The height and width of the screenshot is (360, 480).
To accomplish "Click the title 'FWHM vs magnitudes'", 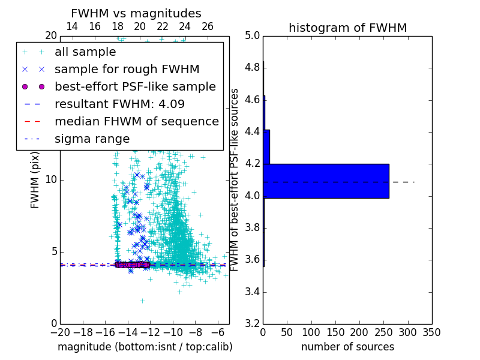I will [x=136, y=13].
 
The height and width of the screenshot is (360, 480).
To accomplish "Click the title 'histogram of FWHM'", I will [x=347, y=28].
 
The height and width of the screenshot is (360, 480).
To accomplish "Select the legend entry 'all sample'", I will [x=85, y=52].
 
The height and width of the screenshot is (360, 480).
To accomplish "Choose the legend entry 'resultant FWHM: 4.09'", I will [x=119, y=104].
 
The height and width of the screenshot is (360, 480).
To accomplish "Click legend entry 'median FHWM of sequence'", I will [x=136, y=121].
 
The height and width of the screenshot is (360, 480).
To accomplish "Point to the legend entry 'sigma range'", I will [x=92, y=139].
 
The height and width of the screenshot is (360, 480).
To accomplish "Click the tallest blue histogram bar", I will [x=326, y=181].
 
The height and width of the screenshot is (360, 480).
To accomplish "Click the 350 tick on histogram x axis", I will [x=431, y=332].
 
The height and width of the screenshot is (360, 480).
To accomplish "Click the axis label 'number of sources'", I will [x=347, y=347].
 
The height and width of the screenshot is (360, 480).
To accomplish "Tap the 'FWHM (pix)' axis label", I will [x=35, y=179].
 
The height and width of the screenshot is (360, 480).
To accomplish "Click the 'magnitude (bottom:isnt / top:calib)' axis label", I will [x=145, y=347].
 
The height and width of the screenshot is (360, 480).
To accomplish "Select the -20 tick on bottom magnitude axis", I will [x=60, y=332].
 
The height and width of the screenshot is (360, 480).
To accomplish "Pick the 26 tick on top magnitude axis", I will [x=207, y=26].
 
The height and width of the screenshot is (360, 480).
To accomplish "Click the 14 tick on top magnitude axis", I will [x=71, y=26].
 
